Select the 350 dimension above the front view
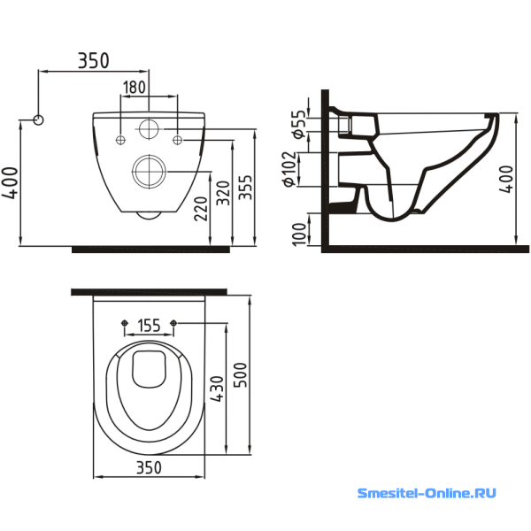(93, 60)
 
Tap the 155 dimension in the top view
(149, 326)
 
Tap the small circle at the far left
(38, 119)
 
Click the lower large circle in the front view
(147, 169)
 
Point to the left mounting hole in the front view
(120, 138)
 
